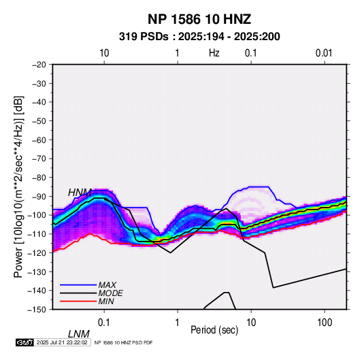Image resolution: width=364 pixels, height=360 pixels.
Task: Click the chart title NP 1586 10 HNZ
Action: [x=199, y=19]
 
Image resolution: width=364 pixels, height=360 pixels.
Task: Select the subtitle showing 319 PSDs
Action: [x=199, y=37]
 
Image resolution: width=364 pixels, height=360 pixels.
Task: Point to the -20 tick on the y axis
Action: [x=39, y=65]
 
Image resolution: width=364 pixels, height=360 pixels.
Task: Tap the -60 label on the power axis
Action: [x=39, y=140]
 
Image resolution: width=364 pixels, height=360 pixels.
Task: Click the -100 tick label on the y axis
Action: [x=37, y=215]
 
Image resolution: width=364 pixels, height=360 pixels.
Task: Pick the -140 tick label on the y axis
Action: [x=37, y=291]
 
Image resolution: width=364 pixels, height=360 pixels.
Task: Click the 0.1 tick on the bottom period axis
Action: [x=104, y=323]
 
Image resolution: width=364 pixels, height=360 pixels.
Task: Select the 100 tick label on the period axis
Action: [x=325, y=323]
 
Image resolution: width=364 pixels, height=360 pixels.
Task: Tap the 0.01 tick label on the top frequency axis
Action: [x=324, y=53]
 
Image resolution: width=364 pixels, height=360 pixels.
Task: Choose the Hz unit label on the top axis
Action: [x=214, y=53]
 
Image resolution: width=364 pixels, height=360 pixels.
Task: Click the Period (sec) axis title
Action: [x=214, y=330]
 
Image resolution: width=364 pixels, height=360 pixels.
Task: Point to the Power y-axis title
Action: [x=18, y=186]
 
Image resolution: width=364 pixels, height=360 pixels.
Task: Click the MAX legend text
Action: [x=107, y=285]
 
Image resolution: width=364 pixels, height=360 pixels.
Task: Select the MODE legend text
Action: [x=110, y=293]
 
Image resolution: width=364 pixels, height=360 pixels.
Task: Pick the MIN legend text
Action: [x=106, y=301]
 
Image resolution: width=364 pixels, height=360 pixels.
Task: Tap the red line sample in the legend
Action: [x=78, y=301]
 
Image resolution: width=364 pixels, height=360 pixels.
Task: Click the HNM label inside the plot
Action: [x=80, y=193]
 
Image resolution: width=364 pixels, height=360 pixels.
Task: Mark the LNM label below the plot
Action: [x=79, y=334]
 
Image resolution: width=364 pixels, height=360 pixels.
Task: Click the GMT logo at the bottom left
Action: [x=24, y=342]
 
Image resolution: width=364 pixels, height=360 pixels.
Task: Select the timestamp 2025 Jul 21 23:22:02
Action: [x=62, y=342]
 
